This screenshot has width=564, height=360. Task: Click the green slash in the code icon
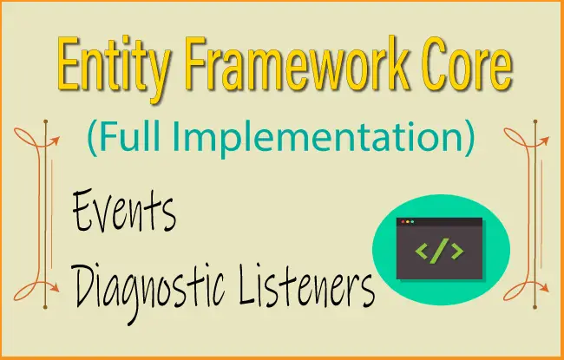pyautogui.click(x=439, y=252)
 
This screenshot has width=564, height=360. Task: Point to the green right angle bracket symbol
pyautogui.click(x=456, y=252)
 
